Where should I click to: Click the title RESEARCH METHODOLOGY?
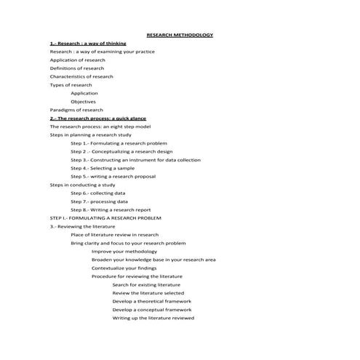tap(180, 35)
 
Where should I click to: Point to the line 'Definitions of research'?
tap(77, 68)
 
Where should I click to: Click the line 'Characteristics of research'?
tap(81, 76)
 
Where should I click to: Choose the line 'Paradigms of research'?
tap(76, 110)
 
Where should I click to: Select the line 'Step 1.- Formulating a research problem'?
tap(119, 143)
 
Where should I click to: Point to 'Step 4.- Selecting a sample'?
tap(103, 168)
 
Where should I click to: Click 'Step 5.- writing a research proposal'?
tap(113, 176)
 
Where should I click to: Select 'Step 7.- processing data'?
tap(99, 201)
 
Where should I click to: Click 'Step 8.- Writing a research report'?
tap(111, 209)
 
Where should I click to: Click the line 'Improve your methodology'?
tap(124, 251)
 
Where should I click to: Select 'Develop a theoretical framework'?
tap(152, 301)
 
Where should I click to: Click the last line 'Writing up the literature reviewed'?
tap(153, 318)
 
